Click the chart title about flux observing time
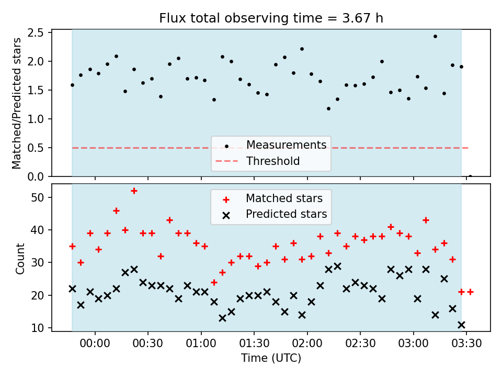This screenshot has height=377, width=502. [271, 18]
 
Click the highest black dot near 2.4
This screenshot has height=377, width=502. [435, 37]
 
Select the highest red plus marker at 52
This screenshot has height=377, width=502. [134, 191]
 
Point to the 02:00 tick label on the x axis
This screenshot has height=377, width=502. [307, 343]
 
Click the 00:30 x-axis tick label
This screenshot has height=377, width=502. [147, 343]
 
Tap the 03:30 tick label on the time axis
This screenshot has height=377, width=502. [466, 343]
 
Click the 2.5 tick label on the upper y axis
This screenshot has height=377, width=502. [36, 32]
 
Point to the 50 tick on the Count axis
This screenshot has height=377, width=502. [38, 197]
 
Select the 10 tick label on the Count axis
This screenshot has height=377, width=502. [38, 328]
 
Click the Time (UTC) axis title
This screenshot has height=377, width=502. [271, 358]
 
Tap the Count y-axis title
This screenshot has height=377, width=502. [20, 259]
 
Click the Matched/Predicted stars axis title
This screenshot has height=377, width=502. [16, 103]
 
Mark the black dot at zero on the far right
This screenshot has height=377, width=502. [470, 176]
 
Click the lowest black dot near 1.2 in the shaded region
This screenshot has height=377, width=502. [328, 109]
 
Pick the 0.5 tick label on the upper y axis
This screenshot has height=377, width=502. [36, 148]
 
